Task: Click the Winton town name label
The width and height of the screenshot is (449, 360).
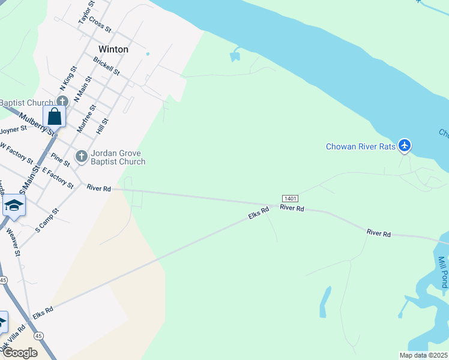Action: [113, 49]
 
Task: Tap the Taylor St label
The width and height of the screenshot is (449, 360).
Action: [87, 13]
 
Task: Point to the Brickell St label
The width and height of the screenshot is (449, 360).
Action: [106, 65]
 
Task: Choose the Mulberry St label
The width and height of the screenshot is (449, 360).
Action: [36, 123]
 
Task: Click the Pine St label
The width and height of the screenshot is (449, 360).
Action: [61, 160]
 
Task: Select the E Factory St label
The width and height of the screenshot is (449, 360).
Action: [57, 175]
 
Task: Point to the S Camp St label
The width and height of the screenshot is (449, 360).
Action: [47, 220]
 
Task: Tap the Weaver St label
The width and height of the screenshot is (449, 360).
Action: [14, 241]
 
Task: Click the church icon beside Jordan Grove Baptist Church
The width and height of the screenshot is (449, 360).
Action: [82, 156]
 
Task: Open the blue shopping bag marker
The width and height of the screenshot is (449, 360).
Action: [54, 116]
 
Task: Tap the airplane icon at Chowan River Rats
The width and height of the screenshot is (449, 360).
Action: [405, 146]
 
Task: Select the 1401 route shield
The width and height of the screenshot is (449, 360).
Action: [289, 199]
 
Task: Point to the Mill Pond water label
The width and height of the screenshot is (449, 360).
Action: [442, 272]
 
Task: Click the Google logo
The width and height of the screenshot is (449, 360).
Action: [19, 352]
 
